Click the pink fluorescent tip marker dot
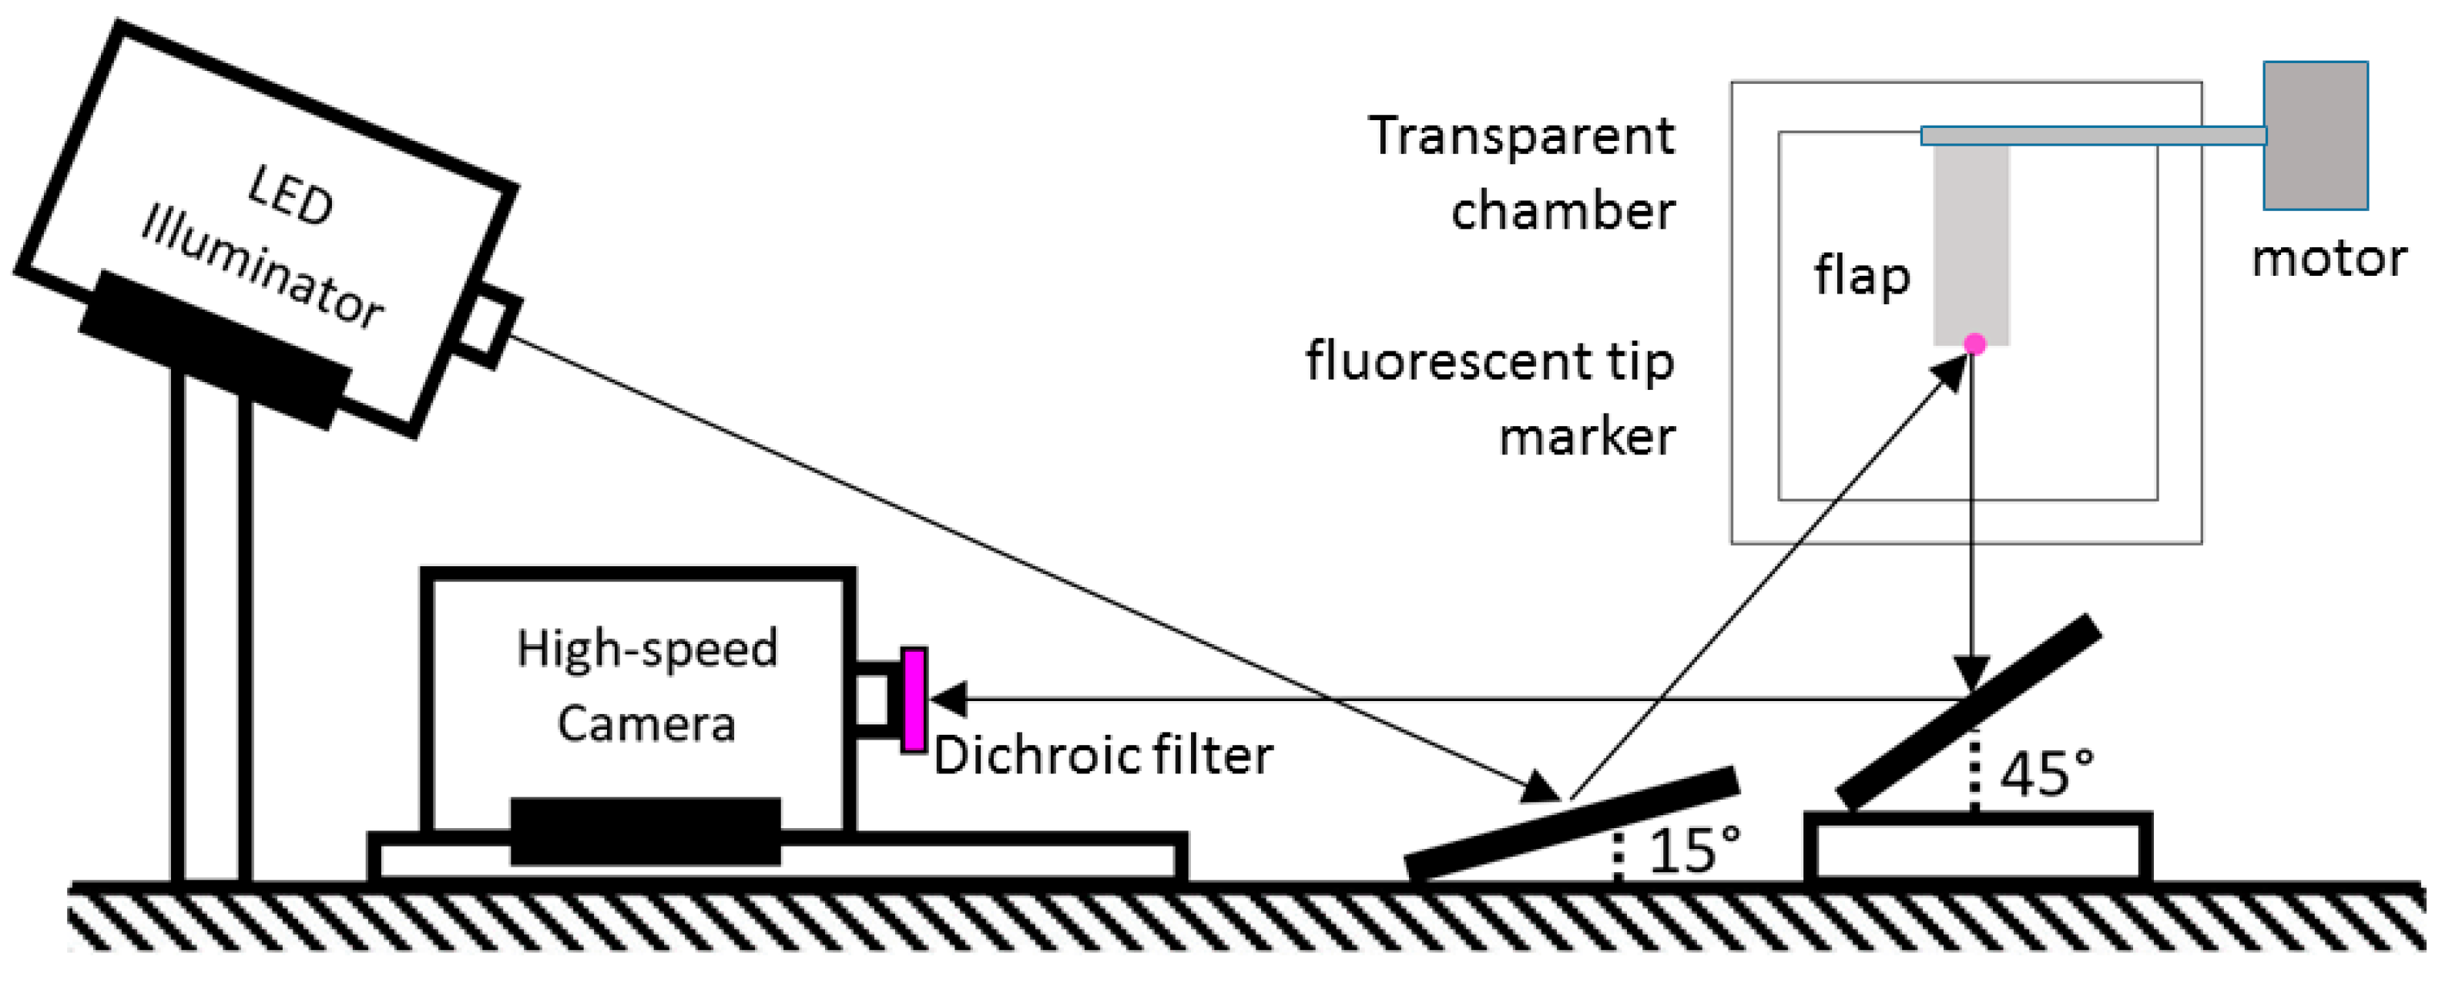tap(1975, 344)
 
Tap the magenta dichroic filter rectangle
tap(914, 700)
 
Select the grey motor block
tap(2315, 136)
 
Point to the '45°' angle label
tap(2047, 773)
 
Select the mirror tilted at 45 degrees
tap(1968, 713)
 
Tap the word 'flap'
tap(1862, 277)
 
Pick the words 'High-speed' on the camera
tap(647, 649)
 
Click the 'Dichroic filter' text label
tap(1103, 757)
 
